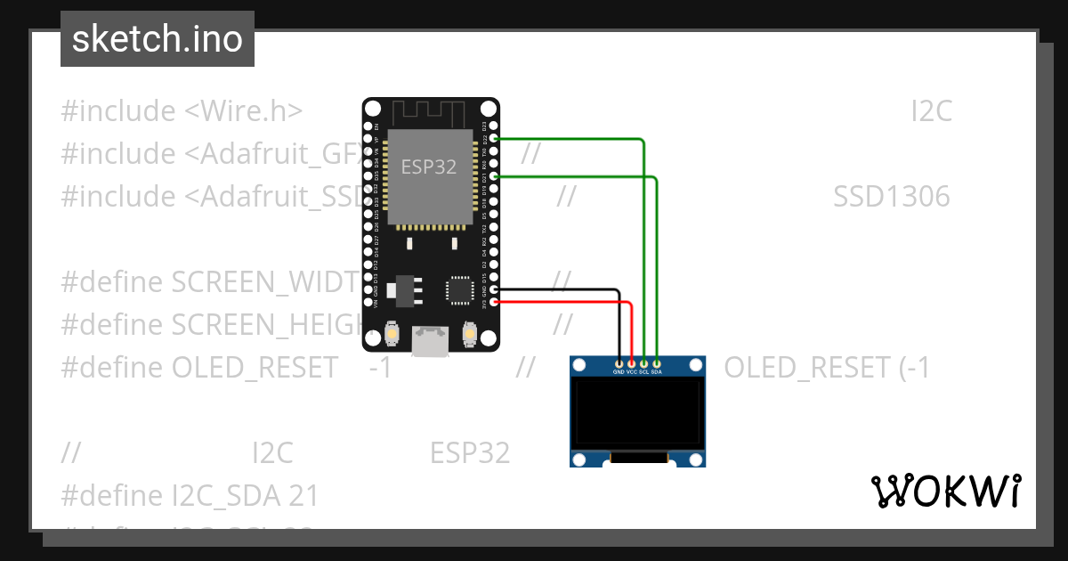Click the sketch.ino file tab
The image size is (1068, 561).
pyautogui.click(x=158, y=39)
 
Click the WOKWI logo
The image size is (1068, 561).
pyautogui.click(x=945, y=491)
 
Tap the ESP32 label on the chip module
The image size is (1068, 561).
pyautogui.click(x=429, y=167)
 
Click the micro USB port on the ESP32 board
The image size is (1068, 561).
pyautogui.click(x=431, y=340)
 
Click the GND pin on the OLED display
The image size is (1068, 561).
pyautogui.click(x=619, y=363)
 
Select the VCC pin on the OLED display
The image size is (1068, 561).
pyautogui.click(x=631, y=363)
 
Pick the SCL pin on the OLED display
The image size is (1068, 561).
pyautogui.click(x=643, y=363)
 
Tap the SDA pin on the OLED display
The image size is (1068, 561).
pyautogui.click(x=657, y=363)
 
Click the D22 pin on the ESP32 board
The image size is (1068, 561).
pyautogui.click(x=494, y=139)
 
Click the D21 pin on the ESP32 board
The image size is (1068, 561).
pyautogui.click(x=494, y=176)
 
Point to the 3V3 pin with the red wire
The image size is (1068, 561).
pyautogui.click(x=494, y=303)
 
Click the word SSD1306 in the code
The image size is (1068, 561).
pyautogui.click(x=891, y=197)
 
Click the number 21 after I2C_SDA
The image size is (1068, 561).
pyautogui.click(x=303, y=495)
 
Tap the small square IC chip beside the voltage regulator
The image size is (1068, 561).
pyautogui.click(x=459, y=289)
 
